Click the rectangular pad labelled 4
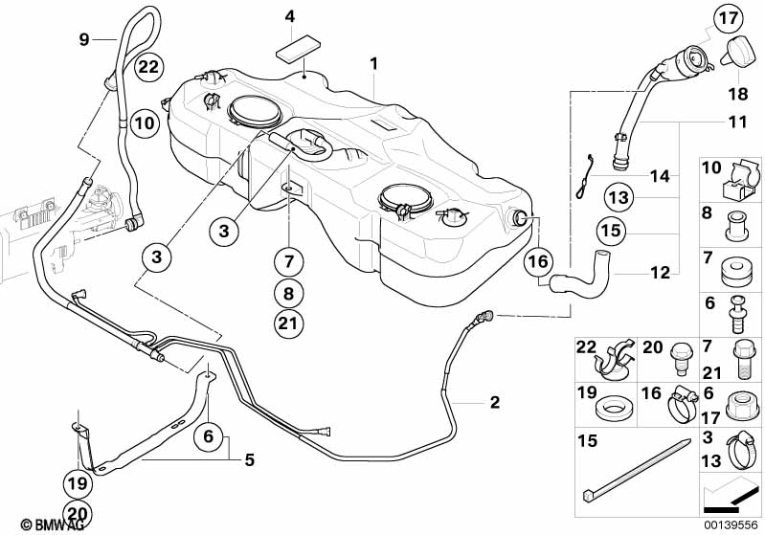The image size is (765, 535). [299, 49]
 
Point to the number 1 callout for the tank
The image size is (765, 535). [373, 63]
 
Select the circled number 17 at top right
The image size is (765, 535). [729, 19]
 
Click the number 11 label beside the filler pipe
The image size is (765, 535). [736, 122]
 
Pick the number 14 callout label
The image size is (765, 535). [660, 175]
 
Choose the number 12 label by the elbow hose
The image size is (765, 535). [660, 273]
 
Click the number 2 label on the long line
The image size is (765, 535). [495, 402]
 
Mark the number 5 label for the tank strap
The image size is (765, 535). [249, 460]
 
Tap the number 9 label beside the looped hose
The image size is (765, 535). [84, 39]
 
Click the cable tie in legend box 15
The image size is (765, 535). [637, 469]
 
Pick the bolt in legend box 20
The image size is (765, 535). [681, 359]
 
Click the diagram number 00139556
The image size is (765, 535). [731, 525]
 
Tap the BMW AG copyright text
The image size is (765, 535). [53, 524]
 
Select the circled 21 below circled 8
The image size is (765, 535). [288, 323]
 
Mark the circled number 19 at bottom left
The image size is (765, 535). [78, 483]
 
